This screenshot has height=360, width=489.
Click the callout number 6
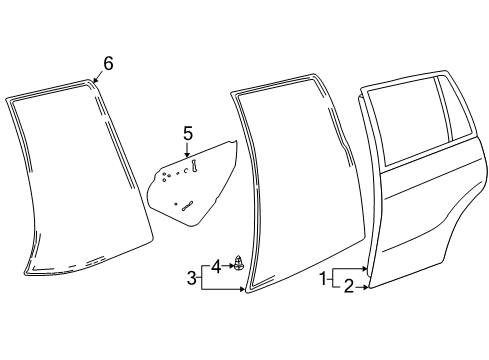pos(108,63)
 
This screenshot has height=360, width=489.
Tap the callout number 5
pos(188,133)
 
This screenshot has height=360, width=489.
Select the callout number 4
pos(216,267)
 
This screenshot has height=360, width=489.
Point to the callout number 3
pos(192,278)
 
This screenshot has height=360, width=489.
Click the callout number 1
pos(323,278)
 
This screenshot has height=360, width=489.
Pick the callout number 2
pos(348,287)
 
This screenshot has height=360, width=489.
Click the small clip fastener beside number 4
pos(238,263)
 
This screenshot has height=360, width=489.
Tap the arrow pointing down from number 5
pos(187,149)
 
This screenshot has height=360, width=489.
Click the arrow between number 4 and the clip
pos(228,266)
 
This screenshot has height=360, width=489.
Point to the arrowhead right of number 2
pos(366,287)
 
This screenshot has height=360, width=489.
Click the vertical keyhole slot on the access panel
pos(194,166)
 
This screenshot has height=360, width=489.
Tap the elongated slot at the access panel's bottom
pos(187,206)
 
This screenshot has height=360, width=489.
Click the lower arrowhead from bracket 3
pos(242,289)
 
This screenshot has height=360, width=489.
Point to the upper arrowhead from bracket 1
pos(364,268)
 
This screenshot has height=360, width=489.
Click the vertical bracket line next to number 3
pos(201,278)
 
